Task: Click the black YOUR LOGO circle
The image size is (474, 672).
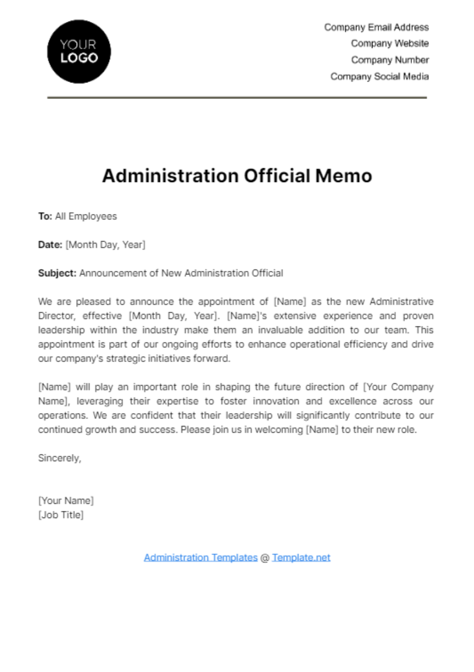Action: pos(79,51)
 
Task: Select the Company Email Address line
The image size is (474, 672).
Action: pos(376,27)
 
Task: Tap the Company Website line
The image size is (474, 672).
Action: pos(389,43)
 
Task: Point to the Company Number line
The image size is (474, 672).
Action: pos(389,60)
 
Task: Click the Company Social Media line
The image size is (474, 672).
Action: pos(379,77)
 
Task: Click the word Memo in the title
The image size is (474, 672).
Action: pos(344,176)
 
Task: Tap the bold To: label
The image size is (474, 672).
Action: pos(45,216)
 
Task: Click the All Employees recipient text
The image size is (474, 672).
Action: pos(86,216)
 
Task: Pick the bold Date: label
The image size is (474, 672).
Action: pos(50,245)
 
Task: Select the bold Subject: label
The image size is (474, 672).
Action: pos(57,273)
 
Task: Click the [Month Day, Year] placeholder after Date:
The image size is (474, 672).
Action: pos(105,245)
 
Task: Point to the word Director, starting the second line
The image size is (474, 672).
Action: pos(56,316)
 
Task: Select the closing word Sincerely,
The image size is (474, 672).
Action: pos(60,458)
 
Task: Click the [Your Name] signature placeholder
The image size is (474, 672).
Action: pos(66,501)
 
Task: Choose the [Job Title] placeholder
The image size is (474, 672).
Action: pos(61,515)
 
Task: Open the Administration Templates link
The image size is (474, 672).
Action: pos(201,557)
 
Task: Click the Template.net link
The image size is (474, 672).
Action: pos(301,557)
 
